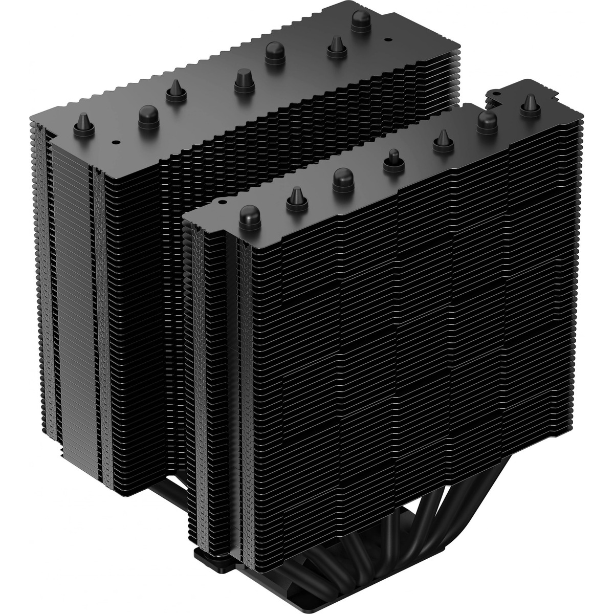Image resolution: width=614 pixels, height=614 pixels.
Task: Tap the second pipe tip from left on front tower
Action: coord(296,200)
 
